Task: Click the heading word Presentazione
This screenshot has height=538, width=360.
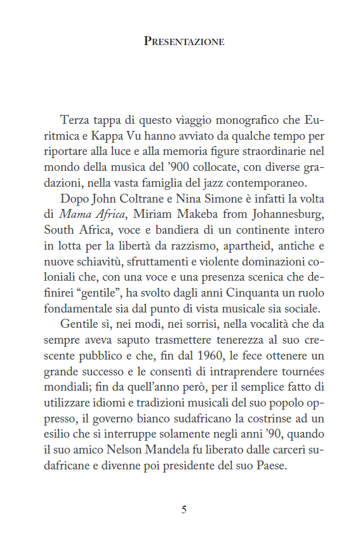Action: pyautogui.click(x=183, y=42)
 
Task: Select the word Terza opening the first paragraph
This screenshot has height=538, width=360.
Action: pyautogui.click(x=75, y=120)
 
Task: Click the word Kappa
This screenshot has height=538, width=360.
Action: pyautogui.click(x=115, y=136)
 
